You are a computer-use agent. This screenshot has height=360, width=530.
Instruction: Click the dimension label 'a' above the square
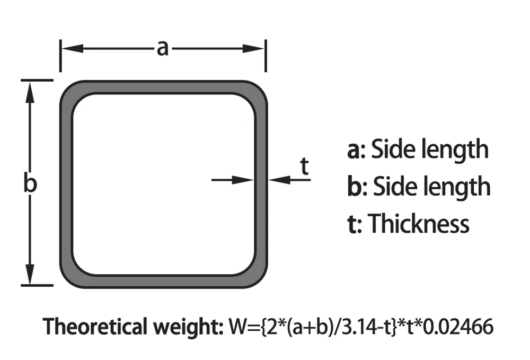163,48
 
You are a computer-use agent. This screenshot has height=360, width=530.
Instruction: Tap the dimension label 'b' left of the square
30,182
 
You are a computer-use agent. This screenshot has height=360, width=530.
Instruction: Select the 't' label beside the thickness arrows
305,166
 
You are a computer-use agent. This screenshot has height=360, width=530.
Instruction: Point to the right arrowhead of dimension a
253,48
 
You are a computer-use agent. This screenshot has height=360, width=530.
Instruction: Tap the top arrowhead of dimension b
30,92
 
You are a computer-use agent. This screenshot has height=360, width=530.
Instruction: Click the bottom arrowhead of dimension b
30,274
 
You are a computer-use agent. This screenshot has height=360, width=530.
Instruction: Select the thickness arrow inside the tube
233,180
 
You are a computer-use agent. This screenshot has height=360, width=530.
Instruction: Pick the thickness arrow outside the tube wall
290,180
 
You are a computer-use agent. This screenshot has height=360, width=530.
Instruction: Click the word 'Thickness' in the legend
419,223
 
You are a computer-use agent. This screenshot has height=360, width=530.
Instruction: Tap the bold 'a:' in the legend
356,150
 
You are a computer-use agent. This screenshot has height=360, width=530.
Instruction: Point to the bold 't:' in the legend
355,224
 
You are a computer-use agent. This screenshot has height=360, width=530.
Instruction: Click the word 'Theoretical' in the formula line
95,327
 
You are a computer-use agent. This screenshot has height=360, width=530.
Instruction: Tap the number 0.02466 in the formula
458,327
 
